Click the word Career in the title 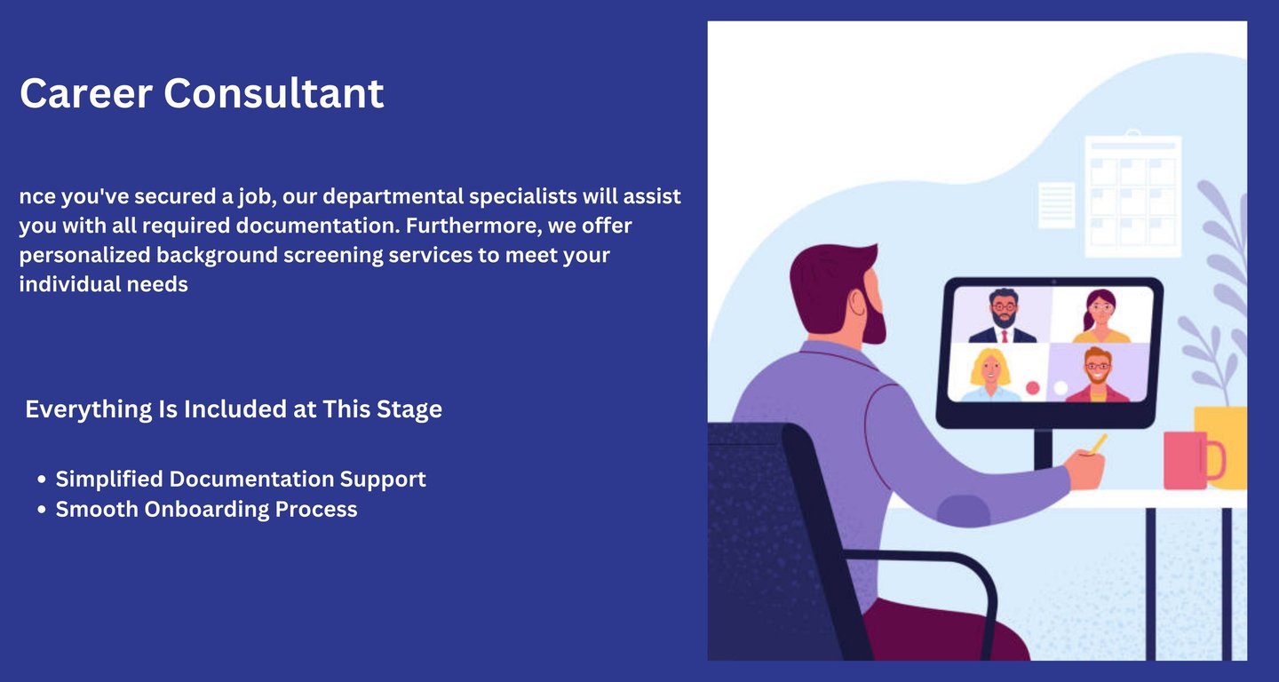[x=86, y=93]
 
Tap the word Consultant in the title [x=274, y=93]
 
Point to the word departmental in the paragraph [x=393, y=197]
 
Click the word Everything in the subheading [x=89, y=409]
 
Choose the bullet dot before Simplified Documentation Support [x=41, y=480]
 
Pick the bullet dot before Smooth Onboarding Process [x=41, y=509]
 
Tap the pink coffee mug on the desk [x=1193, y=460]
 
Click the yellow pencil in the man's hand [x=1098, y=444]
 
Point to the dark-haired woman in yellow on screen [x=1100, y=317]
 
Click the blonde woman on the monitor [x=990, y=375]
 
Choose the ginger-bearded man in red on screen [x=1098, y=375]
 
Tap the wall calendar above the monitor [x=1132, y=194]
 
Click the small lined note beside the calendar [x=1056, y=205]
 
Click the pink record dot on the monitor [x=1032, y=388]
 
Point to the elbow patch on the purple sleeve [x=963, y=511]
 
